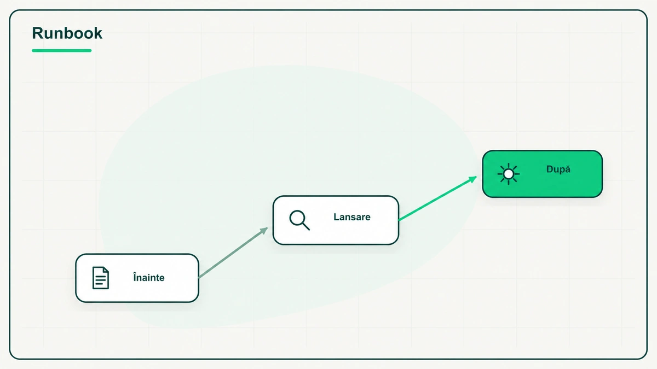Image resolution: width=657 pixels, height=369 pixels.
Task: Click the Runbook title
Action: point(67,33)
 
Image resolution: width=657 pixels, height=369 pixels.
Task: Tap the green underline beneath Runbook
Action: point(61,51)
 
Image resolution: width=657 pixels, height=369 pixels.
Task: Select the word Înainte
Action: point(149,277)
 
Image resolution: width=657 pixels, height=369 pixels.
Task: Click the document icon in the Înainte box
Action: point(101,278)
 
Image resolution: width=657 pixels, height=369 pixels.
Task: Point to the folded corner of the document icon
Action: point(106,270)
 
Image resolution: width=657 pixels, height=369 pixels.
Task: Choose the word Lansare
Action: point(352,217)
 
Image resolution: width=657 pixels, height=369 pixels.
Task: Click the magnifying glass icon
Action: point(299,220)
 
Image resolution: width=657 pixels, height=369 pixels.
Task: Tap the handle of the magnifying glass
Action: point(306,226)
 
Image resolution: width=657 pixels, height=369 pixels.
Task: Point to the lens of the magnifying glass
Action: point(297,218)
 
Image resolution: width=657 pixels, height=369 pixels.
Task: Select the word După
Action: point(558,169)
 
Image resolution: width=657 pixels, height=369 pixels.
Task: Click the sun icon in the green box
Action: point(508,174)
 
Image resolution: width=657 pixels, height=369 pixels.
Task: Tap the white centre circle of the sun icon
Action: point(508,174)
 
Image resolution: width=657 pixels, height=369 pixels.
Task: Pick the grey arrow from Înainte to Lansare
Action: point(233,253)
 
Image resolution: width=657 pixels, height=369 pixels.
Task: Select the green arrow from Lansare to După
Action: point(437,198)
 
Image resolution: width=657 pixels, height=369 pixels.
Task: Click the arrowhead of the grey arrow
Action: point(264,231)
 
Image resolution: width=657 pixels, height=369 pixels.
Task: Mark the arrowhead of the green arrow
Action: point(473,179)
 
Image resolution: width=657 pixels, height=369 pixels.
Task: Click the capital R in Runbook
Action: point(37,33)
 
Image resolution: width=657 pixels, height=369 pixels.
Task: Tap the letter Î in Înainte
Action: point(135,277)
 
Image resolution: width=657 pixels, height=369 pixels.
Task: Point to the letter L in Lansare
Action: point(336,217)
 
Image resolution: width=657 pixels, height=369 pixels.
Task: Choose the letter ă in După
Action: point(568,169)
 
